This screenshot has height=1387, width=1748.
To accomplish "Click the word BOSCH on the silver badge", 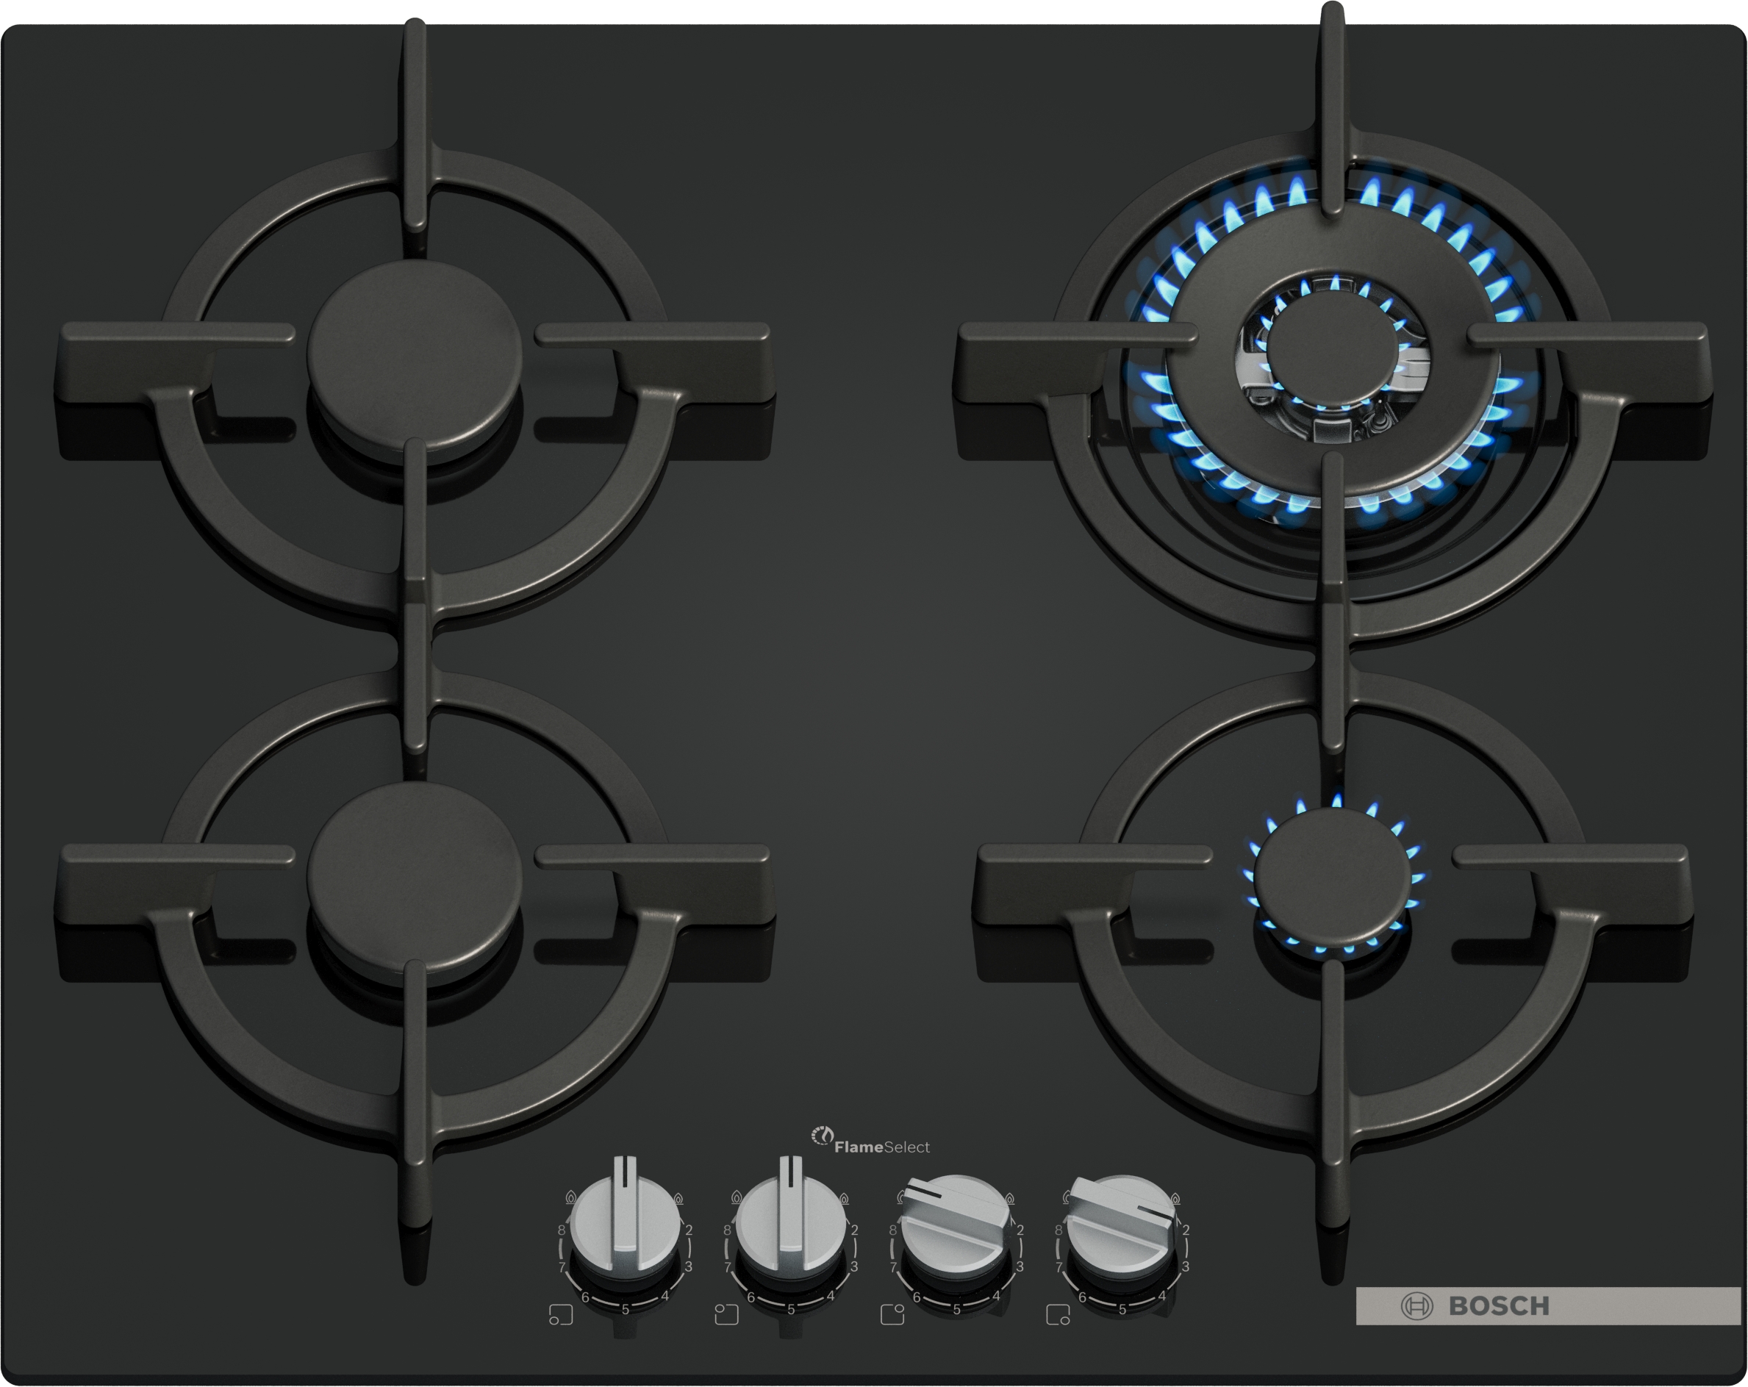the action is pos(1498,1306).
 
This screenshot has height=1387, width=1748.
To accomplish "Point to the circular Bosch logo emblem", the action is pos(1416,1306).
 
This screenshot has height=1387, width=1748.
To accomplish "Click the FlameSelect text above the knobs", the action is pos(882,1147).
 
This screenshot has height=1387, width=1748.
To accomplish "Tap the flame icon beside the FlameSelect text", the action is pos(822,1136).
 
